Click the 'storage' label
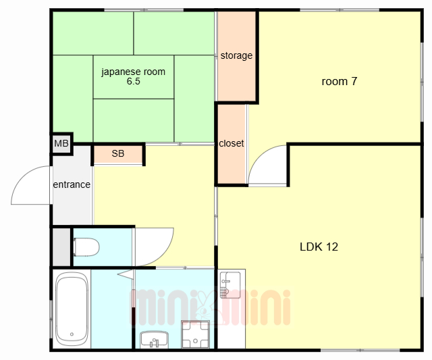(x=236, y=55)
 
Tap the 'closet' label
(x=231, y=143)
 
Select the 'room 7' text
(x=339, y=81)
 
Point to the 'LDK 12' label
(x=319, y=247)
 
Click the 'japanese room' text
(x=134, y=72)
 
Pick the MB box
(x=61, y=143)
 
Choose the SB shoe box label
(x=118, y=153)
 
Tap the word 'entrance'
(x=72, y=184)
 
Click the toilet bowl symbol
(x=86, y=247)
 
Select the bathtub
(x=72, y=309)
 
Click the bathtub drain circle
(x=72, y=334)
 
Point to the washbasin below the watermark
(x=155, y=340)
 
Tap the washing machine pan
(x=195, y=334)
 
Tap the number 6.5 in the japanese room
(x=134, y=81)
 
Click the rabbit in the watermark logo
(x=206, y=307)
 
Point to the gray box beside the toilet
(x=61, y=247)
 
